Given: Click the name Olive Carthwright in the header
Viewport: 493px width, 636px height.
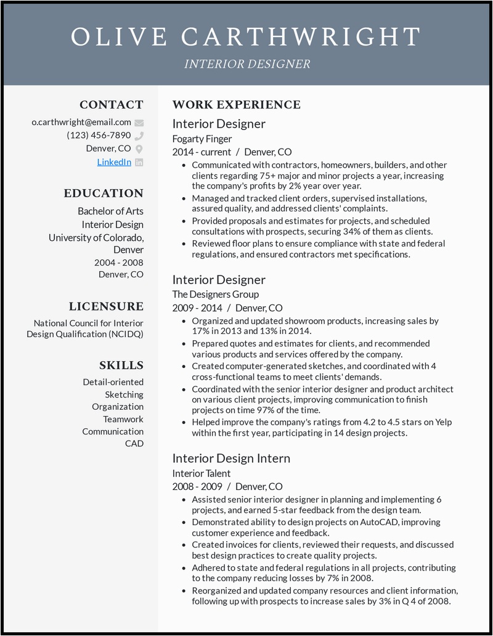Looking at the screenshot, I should point(246,37).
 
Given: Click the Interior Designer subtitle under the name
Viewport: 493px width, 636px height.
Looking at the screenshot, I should point(246,64).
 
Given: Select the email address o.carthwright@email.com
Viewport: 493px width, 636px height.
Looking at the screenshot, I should point(81,122).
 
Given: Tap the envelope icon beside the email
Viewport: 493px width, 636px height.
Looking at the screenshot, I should point(139,123).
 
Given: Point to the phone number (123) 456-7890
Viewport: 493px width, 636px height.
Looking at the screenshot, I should point(99,136).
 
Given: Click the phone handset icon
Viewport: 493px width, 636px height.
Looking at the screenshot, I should point(139,136).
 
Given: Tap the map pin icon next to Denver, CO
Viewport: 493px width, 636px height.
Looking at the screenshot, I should point(139,149).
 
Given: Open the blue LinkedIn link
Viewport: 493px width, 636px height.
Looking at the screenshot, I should point(114,162).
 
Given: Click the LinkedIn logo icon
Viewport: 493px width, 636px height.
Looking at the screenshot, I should point(139,162).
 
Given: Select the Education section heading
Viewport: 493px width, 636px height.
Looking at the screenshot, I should point(104,194).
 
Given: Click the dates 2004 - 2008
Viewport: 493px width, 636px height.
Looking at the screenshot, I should point(119,263).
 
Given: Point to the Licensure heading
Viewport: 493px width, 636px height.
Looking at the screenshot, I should point(106,306).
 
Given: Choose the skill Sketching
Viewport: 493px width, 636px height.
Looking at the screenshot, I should point(124,394).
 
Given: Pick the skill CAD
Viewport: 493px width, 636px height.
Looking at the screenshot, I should point(134,444).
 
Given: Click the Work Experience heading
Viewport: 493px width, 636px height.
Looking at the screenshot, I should point(237,105).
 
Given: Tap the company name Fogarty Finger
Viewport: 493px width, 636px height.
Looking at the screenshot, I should point(202,139).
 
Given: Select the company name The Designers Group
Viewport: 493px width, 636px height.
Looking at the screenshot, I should point(216,295).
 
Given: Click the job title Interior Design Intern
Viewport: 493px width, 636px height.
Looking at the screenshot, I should point(231,459).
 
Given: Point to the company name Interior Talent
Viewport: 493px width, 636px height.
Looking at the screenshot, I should point(202,473).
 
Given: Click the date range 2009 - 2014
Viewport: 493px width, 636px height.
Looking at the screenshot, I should point(197,308).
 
